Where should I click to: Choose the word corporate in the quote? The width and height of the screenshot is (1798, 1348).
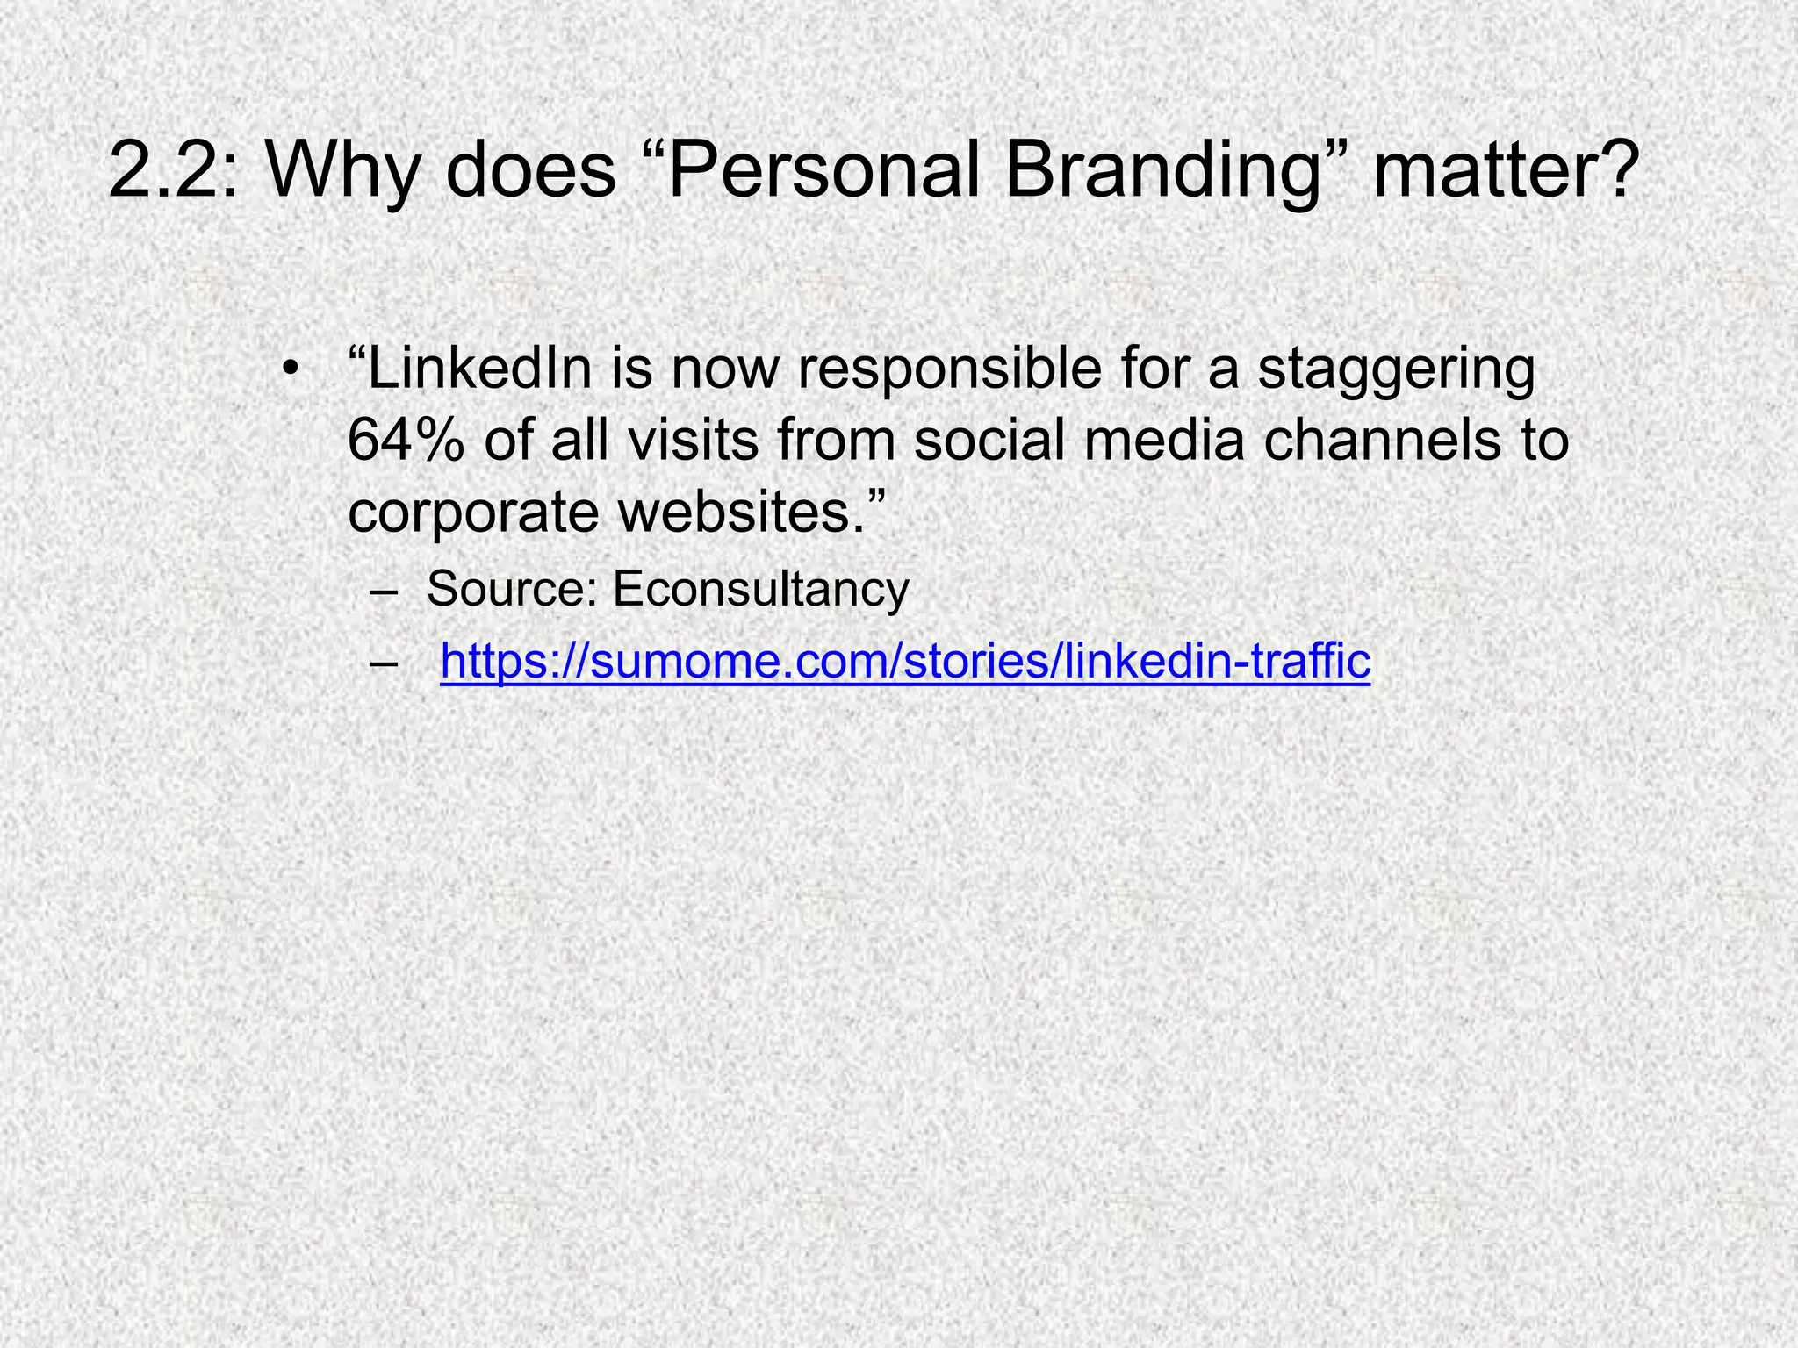pos(473,513)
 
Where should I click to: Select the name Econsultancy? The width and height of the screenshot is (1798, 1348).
pos(760,589)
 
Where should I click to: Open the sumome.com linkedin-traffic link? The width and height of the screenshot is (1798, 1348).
pos(904,660)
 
